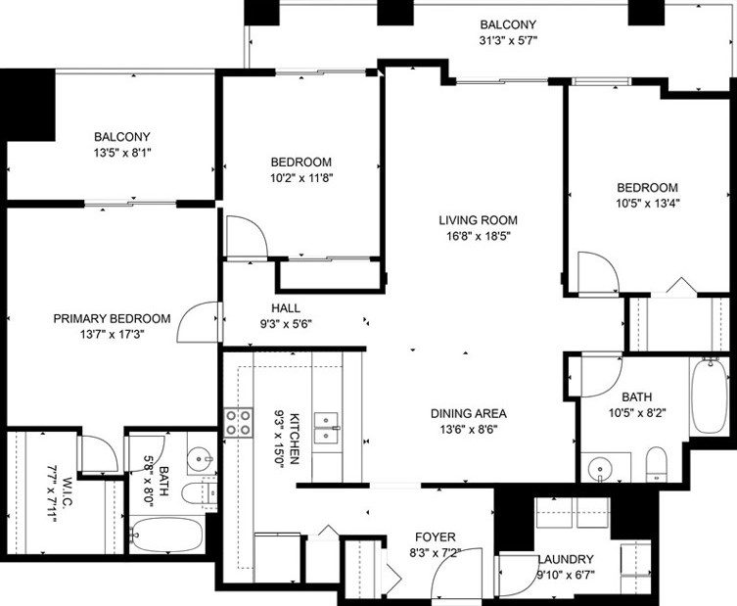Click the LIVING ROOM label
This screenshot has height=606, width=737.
pyautogui.click(x=478, y=220)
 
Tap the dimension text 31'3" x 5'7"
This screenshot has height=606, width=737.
pyautogui.click(x=508, y=42)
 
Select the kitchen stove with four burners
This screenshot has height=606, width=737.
pyautogui.click(x=239, y=422)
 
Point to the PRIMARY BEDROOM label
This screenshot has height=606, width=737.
pyautogui.click(x=112, y=318)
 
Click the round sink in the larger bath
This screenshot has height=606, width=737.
pyautogui.click(x=602, y=469)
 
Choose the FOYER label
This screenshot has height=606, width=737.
pyautogui.click(x=435, y=536)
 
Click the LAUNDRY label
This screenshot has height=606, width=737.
pyautogui.click(x=566, y=560)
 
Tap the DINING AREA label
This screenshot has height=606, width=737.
pyautogui.click(x=468, y=413)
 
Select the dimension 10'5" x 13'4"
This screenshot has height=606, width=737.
pyautogui.click(x=647, y=205)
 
